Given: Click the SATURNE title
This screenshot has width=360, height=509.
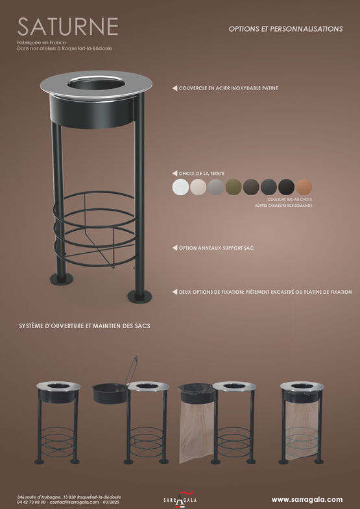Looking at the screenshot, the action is pyautogui.click(x=68, y=27).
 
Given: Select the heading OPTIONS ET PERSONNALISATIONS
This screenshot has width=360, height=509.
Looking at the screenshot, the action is pyautogui.click(x=285, y=29).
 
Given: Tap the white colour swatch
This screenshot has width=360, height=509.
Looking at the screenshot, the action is pyautogui.click(x=180, y=187).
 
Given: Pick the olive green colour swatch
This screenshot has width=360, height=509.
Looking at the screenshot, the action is pyautogui.click(x=234, y=187).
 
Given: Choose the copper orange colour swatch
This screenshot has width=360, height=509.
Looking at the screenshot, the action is pyautogui.click(x=304, y=187).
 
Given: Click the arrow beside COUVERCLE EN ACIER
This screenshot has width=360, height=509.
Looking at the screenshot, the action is pyautogui.click(x=174, y=88).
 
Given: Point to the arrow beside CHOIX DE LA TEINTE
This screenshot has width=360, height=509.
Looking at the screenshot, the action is pyautogui.click(x=174, y=173).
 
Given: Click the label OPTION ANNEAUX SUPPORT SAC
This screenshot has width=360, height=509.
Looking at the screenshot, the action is pyautogui.click(x=216, y=248).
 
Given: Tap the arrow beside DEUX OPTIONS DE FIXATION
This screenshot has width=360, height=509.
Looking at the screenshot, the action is pyautogui.click(x=174, y=292).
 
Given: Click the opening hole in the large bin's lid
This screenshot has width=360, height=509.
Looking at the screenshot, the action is pyautogui.click(x=97, y=84).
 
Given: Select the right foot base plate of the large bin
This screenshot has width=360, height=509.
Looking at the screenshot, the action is pyautogui.click(x=139, y=296).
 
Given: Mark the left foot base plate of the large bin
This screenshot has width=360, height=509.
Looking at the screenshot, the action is pyautogui.click(x=62, y=279).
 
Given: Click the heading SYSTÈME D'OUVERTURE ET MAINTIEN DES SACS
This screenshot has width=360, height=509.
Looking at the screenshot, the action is pyautogui.click(x=84, y=326).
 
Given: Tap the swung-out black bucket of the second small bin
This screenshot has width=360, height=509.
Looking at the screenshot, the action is pyautogui.click(x=110, y=394).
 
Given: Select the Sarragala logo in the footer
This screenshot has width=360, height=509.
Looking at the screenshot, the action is pyautogui.click(x=180, y=499).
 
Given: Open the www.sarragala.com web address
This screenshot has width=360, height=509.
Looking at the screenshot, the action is pyautogui.click(x=307, y=499).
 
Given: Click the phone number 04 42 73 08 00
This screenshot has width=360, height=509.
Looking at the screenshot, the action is pyautogui.click(x=32, y=502).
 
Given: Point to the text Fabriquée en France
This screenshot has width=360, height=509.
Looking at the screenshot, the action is pyautogui.click(x=42, y=43).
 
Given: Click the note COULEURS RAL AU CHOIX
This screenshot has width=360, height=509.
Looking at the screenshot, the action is pyautogui.click(x=290, y=200).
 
